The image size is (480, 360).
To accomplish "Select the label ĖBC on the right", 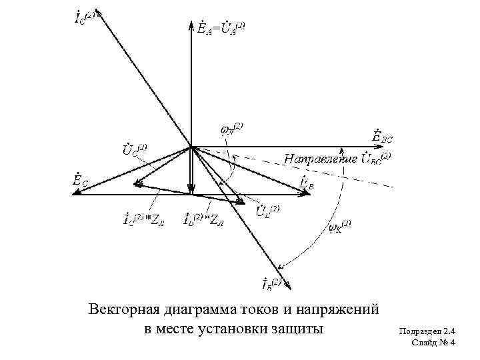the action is click(x=383, y=137).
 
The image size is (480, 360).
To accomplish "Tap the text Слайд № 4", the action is click(x=434, y=343).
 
